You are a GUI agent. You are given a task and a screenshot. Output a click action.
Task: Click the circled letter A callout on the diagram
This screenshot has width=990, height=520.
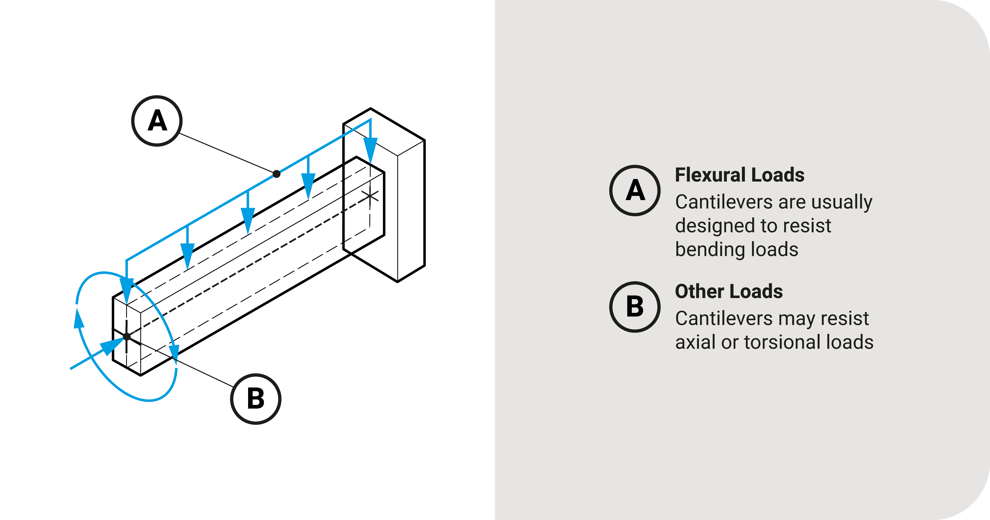(x=157, y=121)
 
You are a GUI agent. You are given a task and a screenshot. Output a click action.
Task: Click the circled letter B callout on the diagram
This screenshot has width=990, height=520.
(x=256, y=399)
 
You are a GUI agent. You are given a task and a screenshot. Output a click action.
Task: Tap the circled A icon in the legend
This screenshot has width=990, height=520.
(x=635, y=190)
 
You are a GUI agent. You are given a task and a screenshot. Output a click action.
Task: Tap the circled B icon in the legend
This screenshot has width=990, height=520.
(x=635, y=307)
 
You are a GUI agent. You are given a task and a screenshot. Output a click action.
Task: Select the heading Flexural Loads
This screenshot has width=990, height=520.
(x=739, y=175)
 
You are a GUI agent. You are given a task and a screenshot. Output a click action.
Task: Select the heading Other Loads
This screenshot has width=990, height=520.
(x=729, y=292)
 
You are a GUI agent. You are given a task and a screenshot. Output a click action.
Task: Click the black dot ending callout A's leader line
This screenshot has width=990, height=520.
(x=276, y=174)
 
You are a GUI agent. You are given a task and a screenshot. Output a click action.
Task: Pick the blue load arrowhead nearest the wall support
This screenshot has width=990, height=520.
(x=370, y=150)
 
